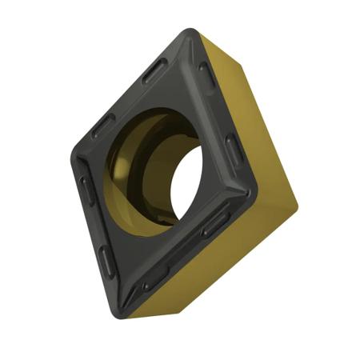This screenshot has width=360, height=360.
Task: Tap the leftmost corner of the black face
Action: coord(74,151)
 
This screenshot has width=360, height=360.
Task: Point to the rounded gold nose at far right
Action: coord(293,204)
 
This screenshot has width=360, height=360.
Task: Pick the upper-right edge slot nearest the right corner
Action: coord(233,147)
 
